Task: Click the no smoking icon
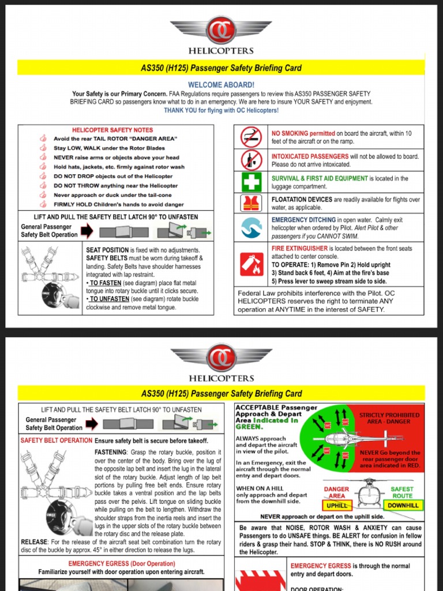(251, 137)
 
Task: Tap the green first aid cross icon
(251, 182)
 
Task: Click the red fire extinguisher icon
(251, 264)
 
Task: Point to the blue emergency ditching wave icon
(251, 227)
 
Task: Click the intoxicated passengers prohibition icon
(251, 160)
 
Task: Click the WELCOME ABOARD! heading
(221, 85)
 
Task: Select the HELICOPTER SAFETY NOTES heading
(112, 130)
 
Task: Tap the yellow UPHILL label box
(337, 506)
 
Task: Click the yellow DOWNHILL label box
(403, 506)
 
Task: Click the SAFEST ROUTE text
(402, 492)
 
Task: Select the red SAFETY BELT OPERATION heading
(57, 440)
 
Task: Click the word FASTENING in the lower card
(111, 452)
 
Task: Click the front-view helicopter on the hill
(370, 493)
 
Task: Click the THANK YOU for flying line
(221, 110)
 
